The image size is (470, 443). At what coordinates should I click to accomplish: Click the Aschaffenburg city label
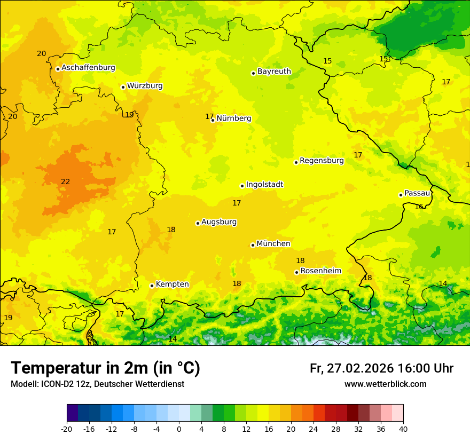coord(88,68)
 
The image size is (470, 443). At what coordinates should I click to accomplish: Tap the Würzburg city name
coord(145,86)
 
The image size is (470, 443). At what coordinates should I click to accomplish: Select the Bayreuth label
coord(274,72)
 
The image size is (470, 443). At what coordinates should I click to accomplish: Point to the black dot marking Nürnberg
coord(213,120)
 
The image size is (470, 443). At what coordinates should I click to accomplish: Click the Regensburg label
coord(322,161)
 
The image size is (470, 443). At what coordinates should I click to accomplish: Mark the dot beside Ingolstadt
coord(242,186)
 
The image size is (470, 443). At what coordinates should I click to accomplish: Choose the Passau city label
coord(417,193)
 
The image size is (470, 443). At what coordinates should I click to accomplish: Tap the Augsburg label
coord(219,222)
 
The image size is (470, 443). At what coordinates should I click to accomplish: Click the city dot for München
coord(253,245)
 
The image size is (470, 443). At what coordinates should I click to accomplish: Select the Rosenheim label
coord(320,271)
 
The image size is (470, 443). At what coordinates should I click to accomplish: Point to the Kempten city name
coord(172,284)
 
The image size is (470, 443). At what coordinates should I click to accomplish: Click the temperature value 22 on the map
coord(65,181)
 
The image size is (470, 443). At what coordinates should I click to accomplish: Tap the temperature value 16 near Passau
coord(419,207)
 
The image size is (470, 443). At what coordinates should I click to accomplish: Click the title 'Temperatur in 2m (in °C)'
coord(105,368)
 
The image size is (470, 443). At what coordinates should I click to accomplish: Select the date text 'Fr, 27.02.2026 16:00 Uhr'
coord(381,368)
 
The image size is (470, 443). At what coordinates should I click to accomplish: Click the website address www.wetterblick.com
coord(385,384)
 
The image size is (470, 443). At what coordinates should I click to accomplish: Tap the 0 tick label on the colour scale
coord(179,429)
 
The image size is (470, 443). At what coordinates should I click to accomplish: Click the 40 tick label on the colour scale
coord(403,429)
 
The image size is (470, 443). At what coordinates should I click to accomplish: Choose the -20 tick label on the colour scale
coord(67,429)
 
